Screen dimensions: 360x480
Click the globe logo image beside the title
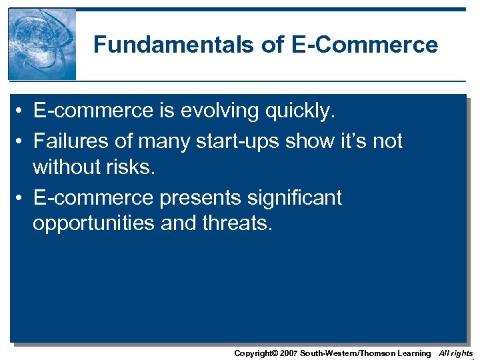point(42,45)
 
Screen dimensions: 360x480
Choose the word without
point(65,167)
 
